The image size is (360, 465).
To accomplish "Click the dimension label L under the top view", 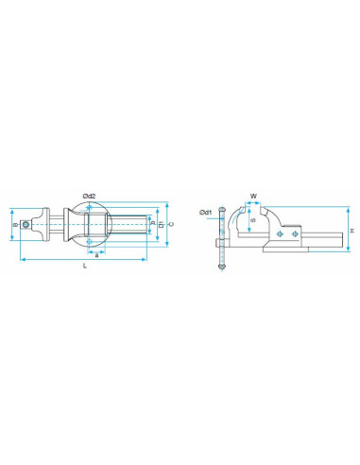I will (86, 268).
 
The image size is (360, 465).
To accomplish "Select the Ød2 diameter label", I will (88, 195).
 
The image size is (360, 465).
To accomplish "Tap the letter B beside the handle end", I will (16, 225).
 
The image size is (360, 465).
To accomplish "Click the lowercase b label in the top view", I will (153, 226).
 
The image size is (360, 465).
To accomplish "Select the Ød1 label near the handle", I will (206, 213).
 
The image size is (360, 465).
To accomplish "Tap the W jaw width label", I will (253, 197).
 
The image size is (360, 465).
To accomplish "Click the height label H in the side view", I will (351, 232).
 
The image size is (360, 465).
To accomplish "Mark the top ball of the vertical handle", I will (221, 208).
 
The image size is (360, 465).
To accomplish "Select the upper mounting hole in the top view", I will (90, 212).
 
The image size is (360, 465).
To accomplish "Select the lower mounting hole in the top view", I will (90, 243).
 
